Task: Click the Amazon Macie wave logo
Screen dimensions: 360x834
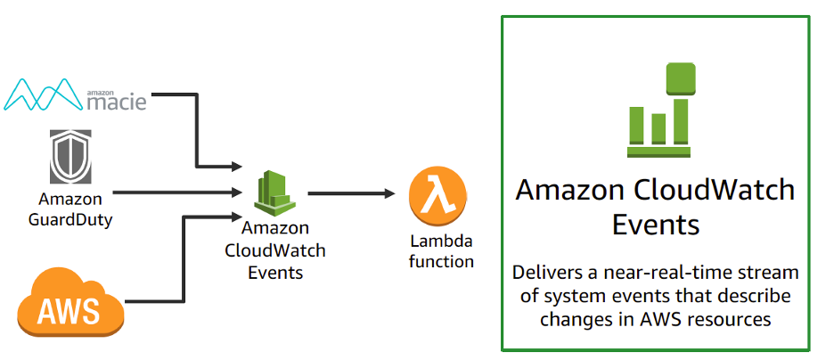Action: tap(42, 94)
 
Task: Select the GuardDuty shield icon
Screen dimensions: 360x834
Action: tap(69, 159)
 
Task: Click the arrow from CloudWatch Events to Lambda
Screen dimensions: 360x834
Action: tap(352, 192)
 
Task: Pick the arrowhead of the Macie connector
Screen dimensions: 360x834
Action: tap(238, 167)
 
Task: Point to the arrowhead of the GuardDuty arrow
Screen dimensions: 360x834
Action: tap(238, 192)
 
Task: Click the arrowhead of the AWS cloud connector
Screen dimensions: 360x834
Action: tap(238, 215)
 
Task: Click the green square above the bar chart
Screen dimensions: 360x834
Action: tap(680, 77)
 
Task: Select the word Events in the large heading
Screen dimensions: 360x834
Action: tap(656, 224)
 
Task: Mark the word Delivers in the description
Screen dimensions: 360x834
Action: tap(547, 272)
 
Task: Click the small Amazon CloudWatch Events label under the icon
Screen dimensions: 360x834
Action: tap(274, 250)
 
